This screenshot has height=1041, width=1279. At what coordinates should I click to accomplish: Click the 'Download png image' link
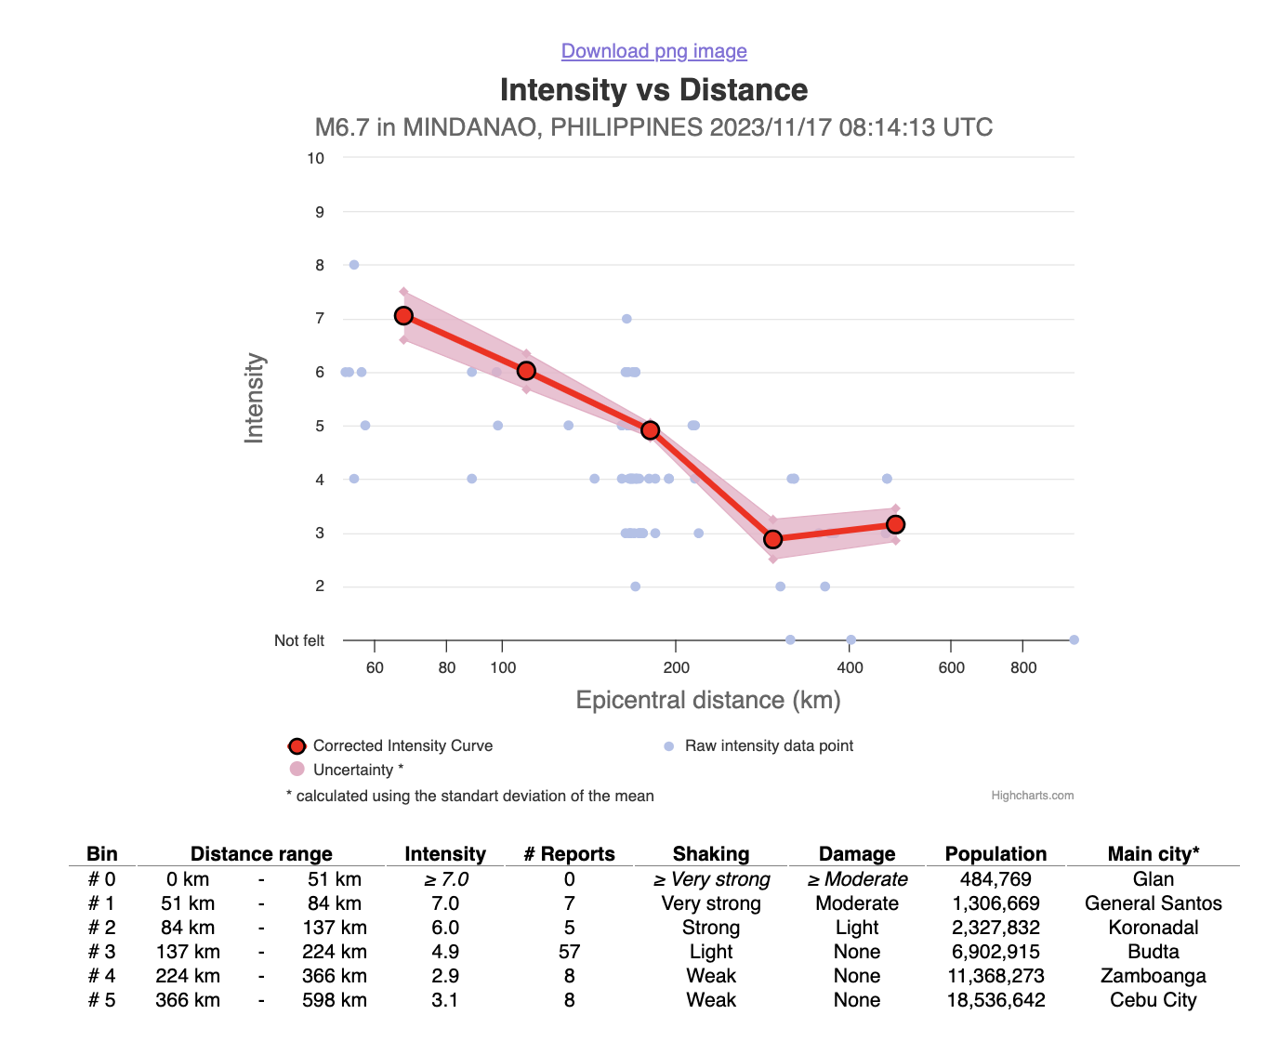coord(653,51)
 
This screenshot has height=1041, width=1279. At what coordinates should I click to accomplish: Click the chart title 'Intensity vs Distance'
coord(653,90)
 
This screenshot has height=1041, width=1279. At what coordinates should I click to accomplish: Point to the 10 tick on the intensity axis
coord(316,158)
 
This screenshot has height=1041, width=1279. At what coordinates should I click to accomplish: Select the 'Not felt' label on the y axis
coord(299,640)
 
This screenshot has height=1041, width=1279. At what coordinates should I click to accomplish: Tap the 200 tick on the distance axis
coord(677,667)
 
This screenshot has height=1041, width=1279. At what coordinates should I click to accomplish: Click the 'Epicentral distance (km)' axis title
coord(708,700)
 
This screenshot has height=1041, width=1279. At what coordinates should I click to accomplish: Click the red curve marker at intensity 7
coord(403,316)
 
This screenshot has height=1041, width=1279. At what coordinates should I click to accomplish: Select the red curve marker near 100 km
coord(526,371)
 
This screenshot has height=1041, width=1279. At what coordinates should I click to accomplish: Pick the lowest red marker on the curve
coord(772,539)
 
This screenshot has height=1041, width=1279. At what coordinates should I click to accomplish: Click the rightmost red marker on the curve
coord(895,524)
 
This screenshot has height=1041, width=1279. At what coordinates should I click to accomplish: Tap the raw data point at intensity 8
coord(354,265)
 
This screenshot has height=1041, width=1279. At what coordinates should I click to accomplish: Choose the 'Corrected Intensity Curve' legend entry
coord(402,745)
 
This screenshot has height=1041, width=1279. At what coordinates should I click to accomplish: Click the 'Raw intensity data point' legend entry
coord(769,745)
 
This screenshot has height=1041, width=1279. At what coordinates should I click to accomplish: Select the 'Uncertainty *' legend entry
coord(358,770)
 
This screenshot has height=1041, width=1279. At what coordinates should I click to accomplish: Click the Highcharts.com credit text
coord(1033,796)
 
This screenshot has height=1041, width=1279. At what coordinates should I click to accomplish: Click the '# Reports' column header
coord(569,854)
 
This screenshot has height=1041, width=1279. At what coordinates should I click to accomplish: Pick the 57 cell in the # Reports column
coord(569,952)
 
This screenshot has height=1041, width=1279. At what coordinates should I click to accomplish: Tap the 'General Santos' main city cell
coord(1153,903)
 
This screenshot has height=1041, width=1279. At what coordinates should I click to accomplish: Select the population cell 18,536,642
coord(996,1000)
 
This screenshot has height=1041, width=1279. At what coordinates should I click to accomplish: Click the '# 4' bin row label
coord(102,976)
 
